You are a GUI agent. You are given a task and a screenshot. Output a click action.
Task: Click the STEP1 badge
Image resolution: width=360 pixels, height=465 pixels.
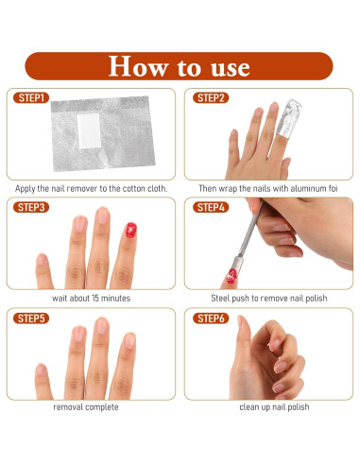tap(31, 97)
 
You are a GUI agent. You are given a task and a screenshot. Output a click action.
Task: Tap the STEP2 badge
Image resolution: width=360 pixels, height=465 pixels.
tap(211, 97)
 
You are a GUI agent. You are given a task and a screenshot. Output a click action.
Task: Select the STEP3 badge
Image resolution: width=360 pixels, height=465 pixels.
tap(31, 207)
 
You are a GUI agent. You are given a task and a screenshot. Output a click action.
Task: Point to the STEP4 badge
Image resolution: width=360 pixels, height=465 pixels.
tap(211, 207)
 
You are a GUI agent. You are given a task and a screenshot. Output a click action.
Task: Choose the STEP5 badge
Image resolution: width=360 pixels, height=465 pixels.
tap(31, 319)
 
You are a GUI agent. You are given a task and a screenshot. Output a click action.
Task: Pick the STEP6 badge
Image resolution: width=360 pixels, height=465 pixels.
tap(211, 319)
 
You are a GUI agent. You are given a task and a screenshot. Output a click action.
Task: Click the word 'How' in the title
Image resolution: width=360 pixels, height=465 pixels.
tap(138, 66)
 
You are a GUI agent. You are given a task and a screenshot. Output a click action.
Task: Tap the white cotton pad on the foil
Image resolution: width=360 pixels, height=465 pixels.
tap(89, 130)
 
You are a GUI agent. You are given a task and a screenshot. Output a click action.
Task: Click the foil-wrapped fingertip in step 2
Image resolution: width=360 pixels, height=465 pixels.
tap(289, 119)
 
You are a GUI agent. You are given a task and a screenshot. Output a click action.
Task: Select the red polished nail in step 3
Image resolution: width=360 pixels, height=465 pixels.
tap(131, 230)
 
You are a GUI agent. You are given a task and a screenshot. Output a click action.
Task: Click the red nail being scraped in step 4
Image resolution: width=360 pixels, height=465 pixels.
tap(231, 276)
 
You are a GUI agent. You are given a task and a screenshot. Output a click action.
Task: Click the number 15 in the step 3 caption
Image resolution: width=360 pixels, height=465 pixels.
tap(95, 298)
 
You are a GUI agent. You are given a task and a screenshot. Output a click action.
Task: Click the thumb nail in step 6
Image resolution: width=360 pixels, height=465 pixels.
tap(240, 320)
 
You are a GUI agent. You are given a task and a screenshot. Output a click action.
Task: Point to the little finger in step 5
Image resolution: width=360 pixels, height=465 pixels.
tap(43, 381)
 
